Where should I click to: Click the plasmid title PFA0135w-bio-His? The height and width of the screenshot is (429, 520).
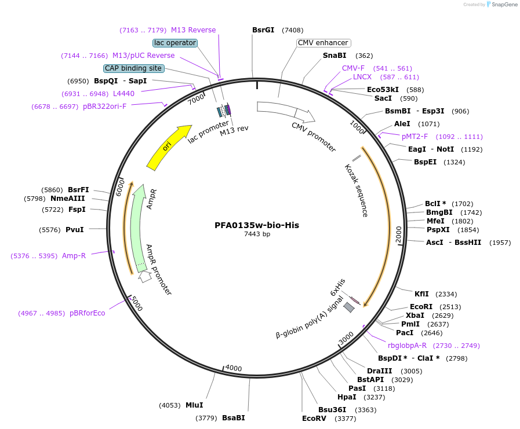(x=257, y=225)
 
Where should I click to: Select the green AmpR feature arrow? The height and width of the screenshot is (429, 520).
(x=137, y=232)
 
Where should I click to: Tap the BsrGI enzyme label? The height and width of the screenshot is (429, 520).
(x=263, y=30)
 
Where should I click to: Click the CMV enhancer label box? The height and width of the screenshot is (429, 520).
(x=323, y=43)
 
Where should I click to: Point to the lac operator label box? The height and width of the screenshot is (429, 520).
(x=175, y=43)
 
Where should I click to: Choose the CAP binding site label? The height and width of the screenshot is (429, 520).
(x=133, y=68)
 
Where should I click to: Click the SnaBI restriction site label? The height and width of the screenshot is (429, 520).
(x=334, y=56)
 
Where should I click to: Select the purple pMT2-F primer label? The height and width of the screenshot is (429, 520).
(x=414, y=137)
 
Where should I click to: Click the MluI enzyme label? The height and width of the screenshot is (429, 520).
(x=194, y=405)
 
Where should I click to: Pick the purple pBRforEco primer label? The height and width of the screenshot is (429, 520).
(x=88, y=313)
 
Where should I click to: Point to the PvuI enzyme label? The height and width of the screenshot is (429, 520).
(x=75, y=230)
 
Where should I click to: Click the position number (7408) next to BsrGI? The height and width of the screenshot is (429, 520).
(x=292, y=30)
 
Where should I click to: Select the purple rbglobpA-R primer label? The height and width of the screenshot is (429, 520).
(x=407, y=346)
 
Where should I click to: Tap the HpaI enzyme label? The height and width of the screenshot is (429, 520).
(x=347, y=397)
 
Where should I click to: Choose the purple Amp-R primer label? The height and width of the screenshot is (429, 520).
(x=74, y=256)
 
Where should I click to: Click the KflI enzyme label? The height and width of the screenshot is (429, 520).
(x=421, y=294)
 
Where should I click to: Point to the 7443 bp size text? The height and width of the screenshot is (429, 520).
(x=257, y=234)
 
